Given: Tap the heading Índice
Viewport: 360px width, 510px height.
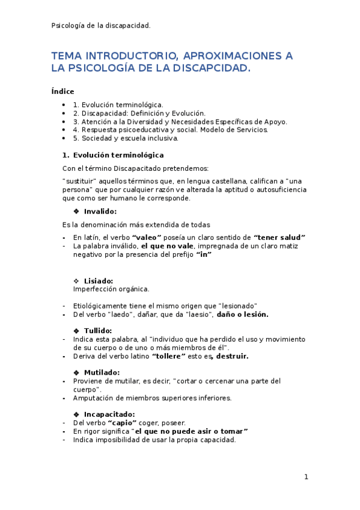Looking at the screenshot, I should pyautogui.click(x=63, y=91).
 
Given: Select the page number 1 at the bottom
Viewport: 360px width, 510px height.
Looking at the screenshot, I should pyautogui.click(x=306, y=477).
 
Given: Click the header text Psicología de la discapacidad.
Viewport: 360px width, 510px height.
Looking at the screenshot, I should pyautogui.click(x=101, y=25).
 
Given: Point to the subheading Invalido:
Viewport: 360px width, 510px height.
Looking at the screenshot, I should pyautogui.click(x=100, y=211).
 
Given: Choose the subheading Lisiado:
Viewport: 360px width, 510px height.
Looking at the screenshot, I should pyautogui.click(x=99, y=281).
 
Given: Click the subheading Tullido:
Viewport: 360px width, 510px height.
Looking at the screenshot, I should pyautogui.click(x=98, y=331).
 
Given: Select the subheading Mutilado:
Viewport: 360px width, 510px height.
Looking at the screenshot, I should pyautogui.click(x=102, y=372).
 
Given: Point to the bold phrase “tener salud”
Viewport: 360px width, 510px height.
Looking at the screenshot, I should pyautogui.click(x=279, y=238).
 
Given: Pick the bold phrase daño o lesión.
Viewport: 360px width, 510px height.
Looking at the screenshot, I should pyautogui.click(x=242, y=315).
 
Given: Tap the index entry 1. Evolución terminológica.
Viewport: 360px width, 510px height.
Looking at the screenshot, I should pyautogui.click(x=118, y=105).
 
